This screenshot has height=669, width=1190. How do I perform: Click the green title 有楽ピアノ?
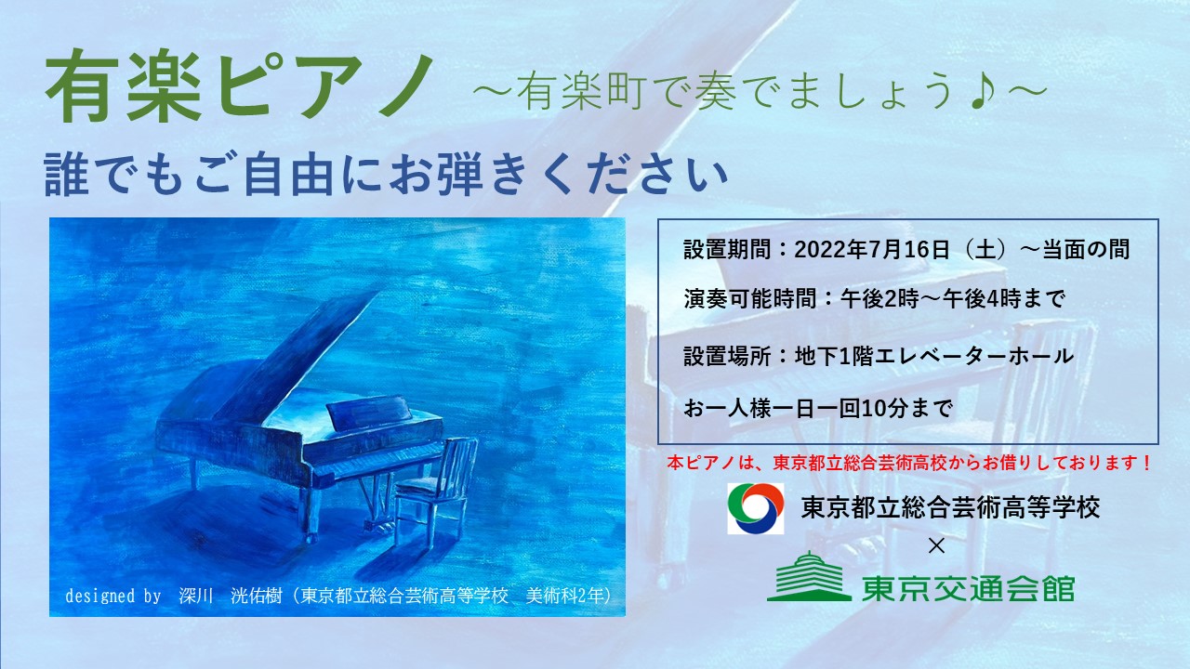pyautogui.click(x=240, y=86)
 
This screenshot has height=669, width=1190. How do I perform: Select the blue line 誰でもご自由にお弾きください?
pyautogui.click(x=386, y=174)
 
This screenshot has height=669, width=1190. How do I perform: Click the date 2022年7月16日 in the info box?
pyautogui.click(x=872, y=250)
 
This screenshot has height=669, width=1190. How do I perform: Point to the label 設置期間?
pyautogui.click(x=727, y=250)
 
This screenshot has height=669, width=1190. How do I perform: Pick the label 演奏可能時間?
pyautogui.click(x=749, y=299)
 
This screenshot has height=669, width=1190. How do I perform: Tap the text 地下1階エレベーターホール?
pyautogui.click(x=934, y=356)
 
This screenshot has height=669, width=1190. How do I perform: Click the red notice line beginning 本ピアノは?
pyautogui.click(x=909, y=463)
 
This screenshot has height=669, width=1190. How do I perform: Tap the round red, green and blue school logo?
pyautogui.click(x=756, y=508)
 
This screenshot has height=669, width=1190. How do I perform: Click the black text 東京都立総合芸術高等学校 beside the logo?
pyautogui.click(x=950, y=507)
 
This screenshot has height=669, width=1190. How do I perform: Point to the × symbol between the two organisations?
pyautogui.click(x=936, y=545)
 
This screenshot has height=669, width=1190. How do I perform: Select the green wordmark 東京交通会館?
pyautogui.click(x=969, y=588)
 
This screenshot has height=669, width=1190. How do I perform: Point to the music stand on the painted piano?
pyautogui.click(x=370, y=412)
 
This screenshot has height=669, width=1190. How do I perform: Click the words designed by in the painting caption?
pyautogui.click(x=112, y=596)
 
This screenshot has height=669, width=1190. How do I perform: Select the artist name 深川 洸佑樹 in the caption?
pyautogui.click(x=230, y=596)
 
